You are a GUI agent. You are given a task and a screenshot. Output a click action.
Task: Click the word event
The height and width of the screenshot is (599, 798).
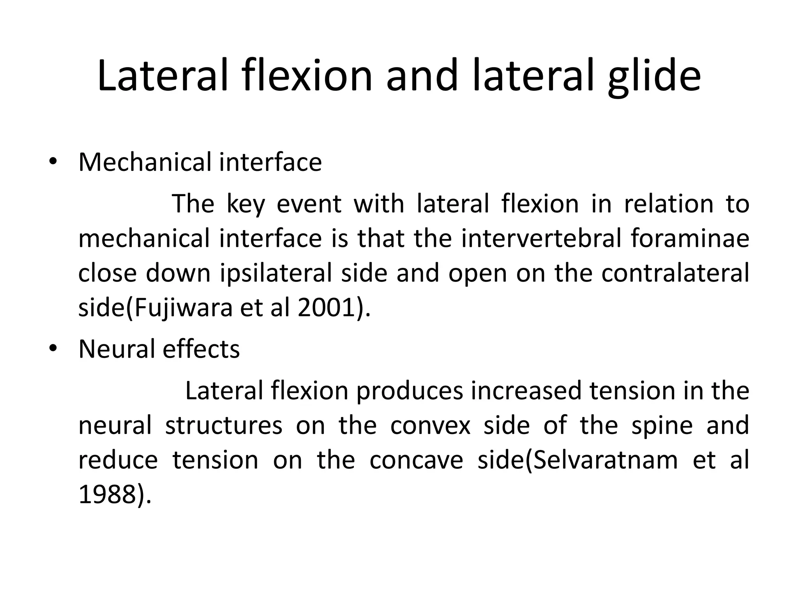coord(309,205)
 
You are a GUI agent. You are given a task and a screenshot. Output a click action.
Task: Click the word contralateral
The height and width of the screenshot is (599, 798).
coord(675,273)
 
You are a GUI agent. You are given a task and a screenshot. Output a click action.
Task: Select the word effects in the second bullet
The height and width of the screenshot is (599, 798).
coord(201,349)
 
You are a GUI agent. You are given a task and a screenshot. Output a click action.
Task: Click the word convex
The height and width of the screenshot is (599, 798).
coord(430,425)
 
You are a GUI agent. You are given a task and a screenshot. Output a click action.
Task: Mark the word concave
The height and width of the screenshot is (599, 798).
coord(416,460)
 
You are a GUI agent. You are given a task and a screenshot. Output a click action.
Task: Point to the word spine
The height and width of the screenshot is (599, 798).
coord(662,425)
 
